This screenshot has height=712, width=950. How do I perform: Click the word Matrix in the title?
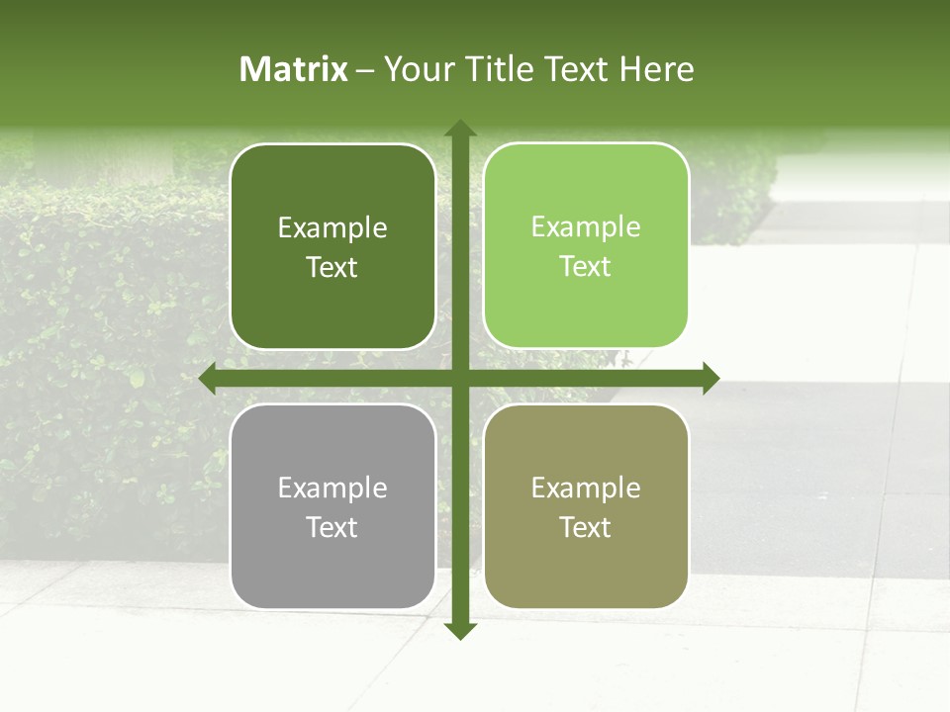pos(294,69)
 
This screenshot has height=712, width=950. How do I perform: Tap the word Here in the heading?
pos(656,69)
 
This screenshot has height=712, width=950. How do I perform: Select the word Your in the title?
pos(419,69)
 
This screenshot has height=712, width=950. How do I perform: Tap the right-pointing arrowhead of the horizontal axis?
pos(711,379)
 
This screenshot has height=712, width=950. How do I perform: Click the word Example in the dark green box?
pos(332,228)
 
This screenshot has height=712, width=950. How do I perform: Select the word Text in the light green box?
pos(586,267)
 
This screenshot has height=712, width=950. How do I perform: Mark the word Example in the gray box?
pos(332,489)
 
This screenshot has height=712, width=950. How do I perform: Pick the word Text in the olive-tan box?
pos(586,528)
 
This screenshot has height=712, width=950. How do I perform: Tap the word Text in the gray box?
pos(332,528)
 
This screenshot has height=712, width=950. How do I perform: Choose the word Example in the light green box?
pos(586,227)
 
